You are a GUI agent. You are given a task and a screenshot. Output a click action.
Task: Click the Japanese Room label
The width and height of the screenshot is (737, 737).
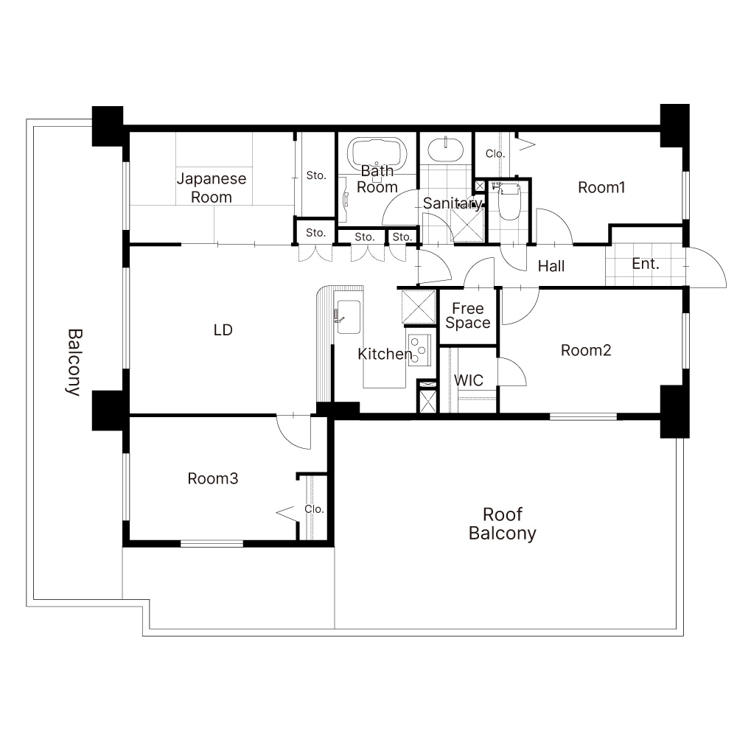pos(212,187)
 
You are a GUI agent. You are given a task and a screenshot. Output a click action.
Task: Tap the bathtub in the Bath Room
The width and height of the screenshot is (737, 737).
pos(377,153)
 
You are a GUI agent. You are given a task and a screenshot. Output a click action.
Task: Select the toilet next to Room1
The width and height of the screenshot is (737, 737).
pos(509,201)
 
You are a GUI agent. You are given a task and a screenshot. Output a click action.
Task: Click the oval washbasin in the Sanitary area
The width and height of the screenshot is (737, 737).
pos(445,149)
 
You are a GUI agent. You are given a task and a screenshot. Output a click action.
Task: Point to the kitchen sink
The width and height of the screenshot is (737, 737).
pos(349,317)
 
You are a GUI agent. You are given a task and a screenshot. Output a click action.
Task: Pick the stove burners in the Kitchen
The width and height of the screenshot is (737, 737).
pos(419,349)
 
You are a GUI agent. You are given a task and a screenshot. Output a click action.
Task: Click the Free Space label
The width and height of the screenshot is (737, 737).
pos(468,315)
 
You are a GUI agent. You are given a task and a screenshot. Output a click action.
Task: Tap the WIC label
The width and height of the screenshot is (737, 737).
pos(469,380)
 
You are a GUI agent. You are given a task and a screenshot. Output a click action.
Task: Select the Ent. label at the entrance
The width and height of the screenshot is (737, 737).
pos(646,264)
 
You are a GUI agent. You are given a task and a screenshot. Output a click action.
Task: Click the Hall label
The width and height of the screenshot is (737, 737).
pos(551,266)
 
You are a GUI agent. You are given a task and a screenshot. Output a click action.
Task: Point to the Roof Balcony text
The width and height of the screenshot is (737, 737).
pos(503,524)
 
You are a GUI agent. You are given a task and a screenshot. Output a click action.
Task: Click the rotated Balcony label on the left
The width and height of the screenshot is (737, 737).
pos(74,363)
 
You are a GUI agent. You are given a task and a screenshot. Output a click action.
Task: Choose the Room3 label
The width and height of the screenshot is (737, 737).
pos(213,478)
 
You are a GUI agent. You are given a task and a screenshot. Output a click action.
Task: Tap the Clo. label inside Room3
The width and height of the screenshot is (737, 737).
pos(314,509)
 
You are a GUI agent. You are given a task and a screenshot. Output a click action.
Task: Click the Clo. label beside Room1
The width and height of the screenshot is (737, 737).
pos(495,153)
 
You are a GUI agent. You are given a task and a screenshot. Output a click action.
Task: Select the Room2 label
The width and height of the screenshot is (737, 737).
pos(586,350)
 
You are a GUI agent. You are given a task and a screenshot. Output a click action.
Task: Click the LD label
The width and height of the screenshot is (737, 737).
pos(223,330)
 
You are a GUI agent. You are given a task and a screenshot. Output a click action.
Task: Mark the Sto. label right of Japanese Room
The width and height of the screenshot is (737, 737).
pos(316,175)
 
